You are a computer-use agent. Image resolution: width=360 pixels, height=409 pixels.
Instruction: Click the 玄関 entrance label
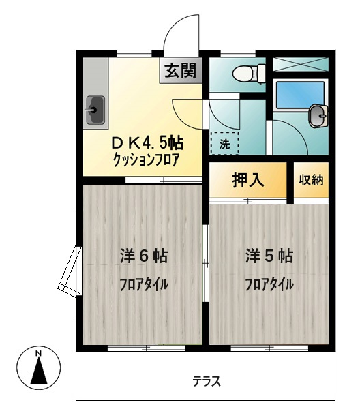coord(180,70)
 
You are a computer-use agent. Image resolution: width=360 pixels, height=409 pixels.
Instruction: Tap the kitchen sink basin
coord(95,110)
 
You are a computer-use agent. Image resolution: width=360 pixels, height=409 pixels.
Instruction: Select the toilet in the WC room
coord(249,74)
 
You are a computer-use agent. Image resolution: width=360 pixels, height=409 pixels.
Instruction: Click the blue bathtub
coord(300,95)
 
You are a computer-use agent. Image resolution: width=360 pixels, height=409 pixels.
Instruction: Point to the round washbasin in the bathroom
coord(318,116)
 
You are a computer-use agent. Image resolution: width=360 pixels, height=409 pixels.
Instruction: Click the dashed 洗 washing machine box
coord(224,143)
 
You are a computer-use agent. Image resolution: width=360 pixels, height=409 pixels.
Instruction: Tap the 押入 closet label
coord(248,180)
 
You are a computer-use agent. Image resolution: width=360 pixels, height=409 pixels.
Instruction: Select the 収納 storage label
coord(311,180)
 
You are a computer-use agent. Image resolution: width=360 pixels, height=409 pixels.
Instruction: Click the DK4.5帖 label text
coord(147,143)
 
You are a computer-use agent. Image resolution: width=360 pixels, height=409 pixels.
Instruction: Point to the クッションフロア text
coord(147,160)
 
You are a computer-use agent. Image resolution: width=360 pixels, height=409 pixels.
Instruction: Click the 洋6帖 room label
coord(144,256)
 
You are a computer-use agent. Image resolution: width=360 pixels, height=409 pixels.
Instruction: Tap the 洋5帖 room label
coord(269,256)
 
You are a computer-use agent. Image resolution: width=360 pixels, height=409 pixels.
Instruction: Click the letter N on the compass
coord(39,353)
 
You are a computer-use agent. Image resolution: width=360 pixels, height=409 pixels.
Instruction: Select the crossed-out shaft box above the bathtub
coord(300,64)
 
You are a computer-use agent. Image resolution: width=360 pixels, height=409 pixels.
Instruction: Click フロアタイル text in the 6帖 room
coord(144,284)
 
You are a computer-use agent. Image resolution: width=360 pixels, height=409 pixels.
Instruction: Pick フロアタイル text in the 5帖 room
coord(269,284)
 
